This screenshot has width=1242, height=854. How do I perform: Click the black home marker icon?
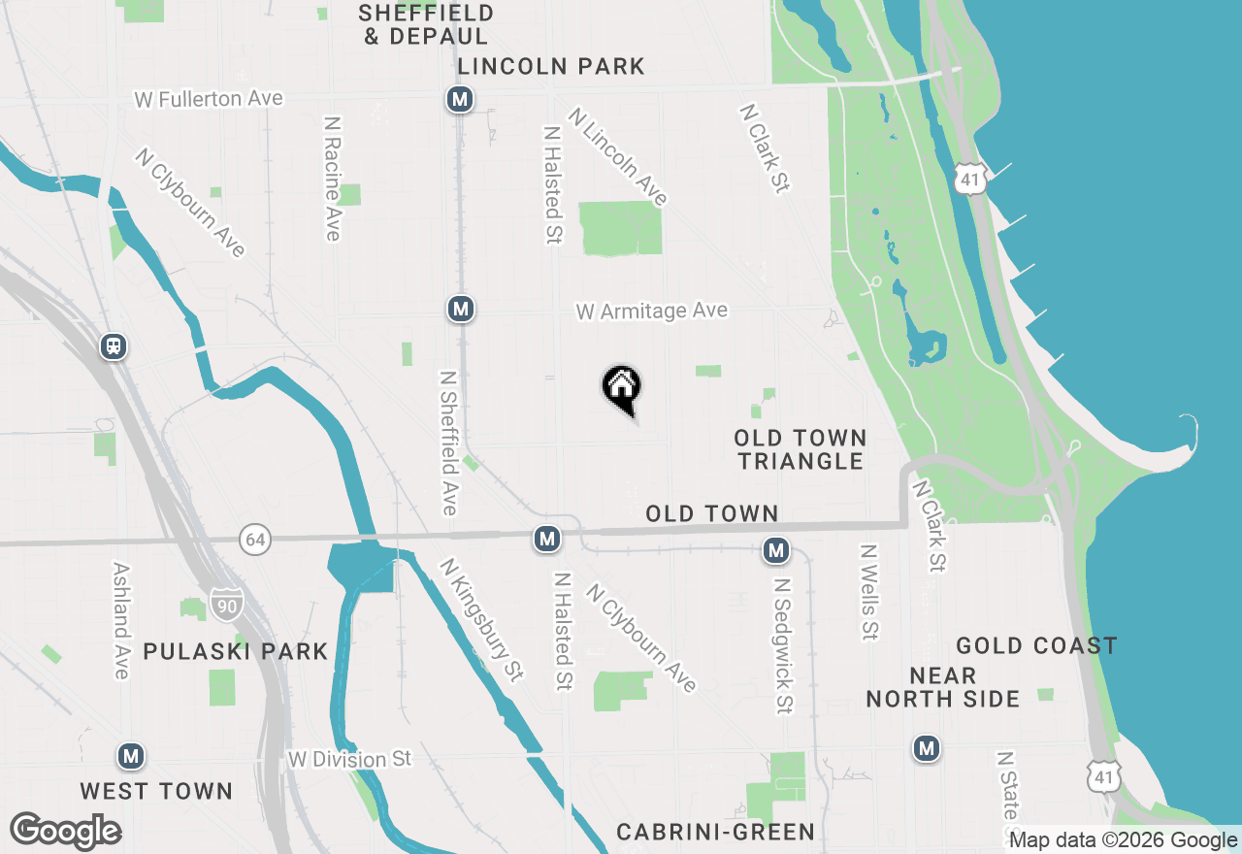[622, 388]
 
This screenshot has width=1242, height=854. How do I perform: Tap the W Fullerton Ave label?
[209, 99]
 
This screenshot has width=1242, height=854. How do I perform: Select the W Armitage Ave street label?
[651, 311]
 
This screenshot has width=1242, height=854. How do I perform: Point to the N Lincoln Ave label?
[619, 156]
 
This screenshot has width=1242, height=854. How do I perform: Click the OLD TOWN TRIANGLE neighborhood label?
[801, 449]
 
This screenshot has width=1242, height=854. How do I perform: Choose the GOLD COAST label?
[1036, 646]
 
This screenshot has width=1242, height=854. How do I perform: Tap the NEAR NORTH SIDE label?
[943, 687]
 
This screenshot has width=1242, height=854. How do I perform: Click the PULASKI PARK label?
[236, 651]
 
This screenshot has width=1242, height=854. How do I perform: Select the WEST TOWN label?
[156, 791]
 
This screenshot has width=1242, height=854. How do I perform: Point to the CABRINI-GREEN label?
[716, 832]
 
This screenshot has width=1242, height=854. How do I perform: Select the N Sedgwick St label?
[783, 645]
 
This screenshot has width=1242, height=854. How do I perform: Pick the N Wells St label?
[868, 591]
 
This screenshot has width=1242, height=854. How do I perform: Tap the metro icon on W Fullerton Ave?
[460, 99]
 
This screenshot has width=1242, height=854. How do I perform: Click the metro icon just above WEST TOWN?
[131, 756]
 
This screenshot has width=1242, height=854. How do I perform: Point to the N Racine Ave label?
[333, 179]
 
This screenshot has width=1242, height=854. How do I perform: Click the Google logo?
[65, 831]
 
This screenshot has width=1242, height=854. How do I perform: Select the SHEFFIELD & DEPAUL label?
[426, 25]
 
